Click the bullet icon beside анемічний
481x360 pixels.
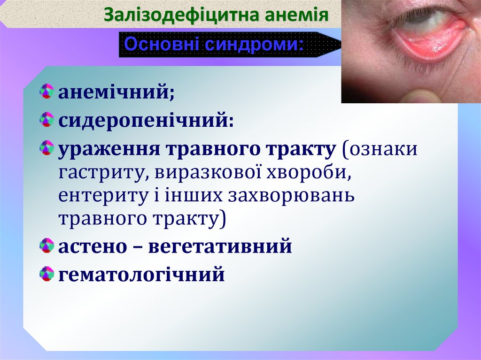click(x=47, y=91)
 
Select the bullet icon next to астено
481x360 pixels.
click(x=47, y=245)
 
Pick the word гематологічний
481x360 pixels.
click(x=141, y=274)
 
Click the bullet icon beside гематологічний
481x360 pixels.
click(x=47, y=273)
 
